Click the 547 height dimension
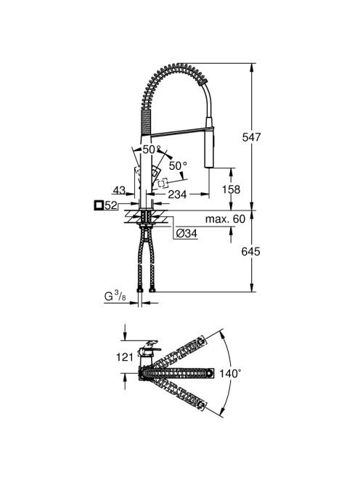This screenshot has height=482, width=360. [251, 137]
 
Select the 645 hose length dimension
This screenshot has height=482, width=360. [250, 251]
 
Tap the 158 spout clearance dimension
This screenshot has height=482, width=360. [232, 189]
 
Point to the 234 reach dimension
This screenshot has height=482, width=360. [177, 194]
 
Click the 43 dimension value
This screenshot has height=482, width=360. [119, 190]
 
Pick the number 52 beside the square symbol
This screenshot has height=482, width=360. [111, 205]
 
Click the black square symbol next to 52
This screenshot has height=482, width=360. [99, 205]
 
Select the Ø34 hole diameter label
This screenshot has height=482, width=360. [187, 234]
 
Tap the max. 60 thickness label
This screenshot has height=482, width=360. [225, 219]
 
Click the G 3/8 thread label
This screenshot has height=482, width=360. [115, 296]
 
